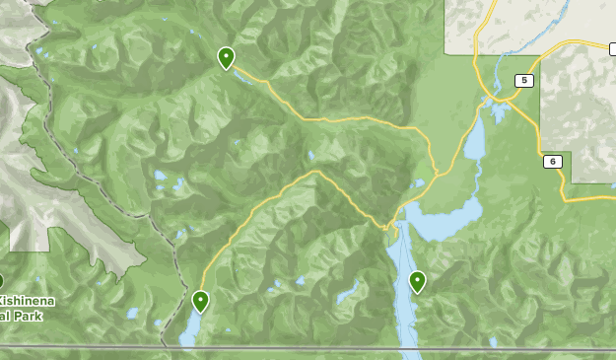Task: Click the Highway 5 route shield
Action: [525, 81]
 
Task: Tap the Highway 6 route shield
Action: [554, 162]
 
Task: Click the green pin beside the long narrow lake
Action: [417, 281]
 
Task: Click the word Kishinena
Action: [30, 301]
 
